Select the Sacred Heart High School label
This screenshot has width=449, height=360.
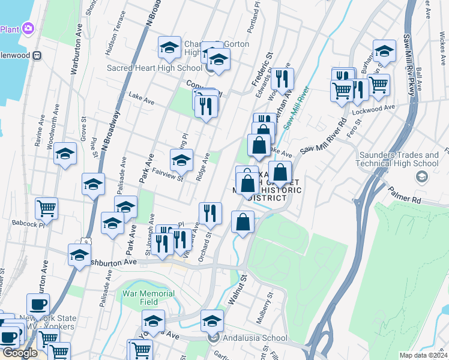[154, 68]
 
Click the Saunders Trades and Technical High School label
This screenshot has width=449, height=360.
[399, 159]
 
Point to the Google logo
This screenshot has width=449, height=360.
[20, 353]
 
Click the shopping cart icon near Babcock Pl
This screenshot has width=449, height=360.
[46, 208]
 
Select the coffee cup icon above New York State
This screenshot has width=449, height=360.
[38, 304]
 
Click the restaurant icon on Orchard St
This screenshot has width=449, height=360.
[210, 213]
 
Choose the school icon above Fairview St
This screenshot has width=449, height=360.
[181, 160]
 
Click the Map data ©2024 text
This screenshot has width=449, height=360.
[423, 355]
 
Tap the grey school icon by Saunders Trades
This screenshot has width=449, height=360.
[422, 176]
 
